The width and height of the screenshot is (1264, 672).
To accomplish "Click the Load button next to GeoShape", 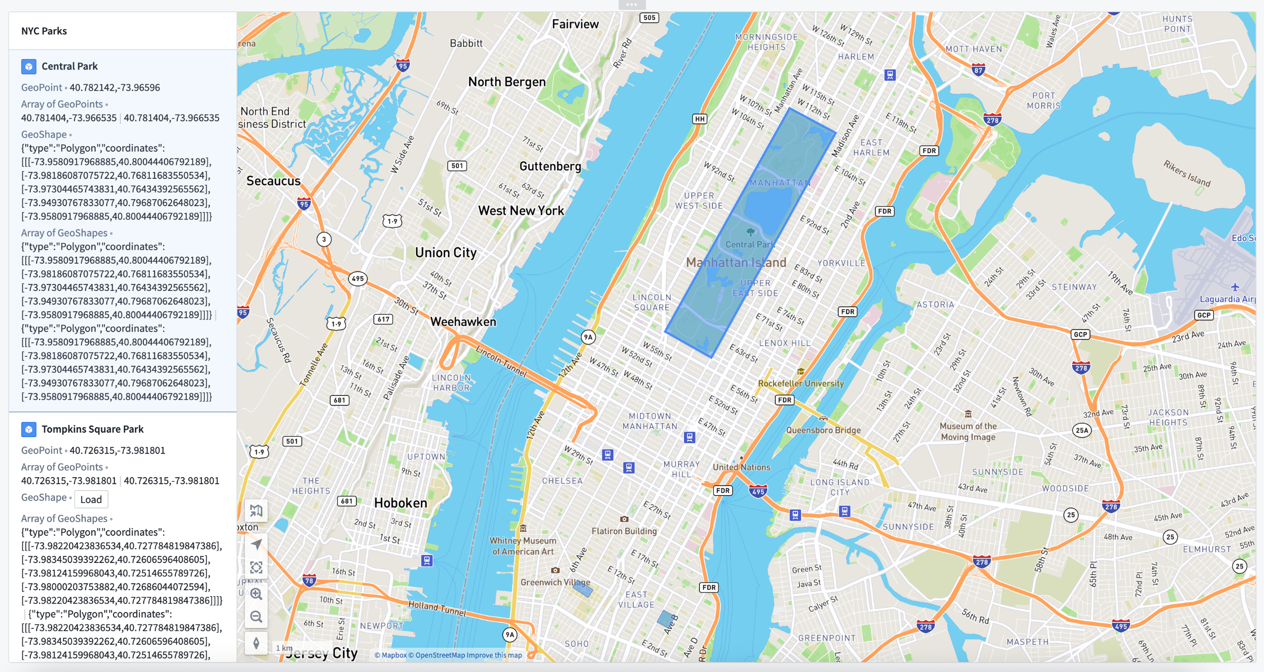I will pyautogui.click(x=91, y=500).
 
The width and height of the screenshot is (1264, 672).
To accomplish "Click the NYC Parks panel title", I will pyautogui.click(x=44, y=31).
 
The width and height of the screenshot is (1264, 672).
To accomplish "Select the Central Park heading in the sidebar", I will pyautogui.click(x=69, y=66).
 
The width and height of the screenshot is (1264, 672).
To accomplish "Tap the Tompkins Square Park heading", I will pyautogui.click(x=92, y=429).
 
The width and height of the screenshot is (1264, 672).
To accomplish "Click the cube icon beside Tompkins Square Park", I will pyautogui.click(x=29, y=429).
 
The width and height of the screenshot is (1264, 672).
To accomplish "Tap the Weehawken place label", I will pyautogui.click(x=463, y=322).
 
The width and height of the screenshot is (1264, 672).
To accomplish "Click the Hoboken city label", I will pyautogui.click(x=401, y=503).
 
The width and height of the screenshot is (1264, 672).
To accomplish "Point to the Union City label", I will pyautogui.click(x=446, y=253).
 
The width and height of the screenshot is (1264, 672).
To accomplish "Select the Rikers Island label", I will pyautogui.click(x=1187, y=173).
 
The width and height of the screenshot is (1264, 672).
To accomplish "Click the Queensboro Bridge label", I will pyautogui.click(x=823, y=430).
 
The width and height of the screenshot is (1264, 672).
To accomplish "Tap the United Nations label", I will pyautogui.click(x=742, y=467).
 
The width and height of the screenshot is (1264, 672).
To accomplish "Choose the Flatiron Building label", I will pyautogui.click(x=624, y=531).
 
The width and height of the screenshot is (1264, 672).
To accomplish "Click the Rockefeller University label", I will pyautogui.click(x=801, y=383).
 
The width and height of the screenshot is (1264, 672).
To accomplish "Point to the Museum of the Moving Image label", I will pyautogui.click(x=968, y=432).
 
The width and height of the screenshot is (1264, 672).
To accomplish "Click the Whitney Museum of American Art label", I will pyautogui.click(x=523, y=546).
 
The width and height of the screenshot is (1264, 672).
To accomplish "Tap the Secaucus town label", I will pyautogui.click(x=274, y=181).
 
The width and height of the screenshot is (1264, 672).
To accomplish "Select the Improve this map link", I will pyautogui.click(x=494, y=655).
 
